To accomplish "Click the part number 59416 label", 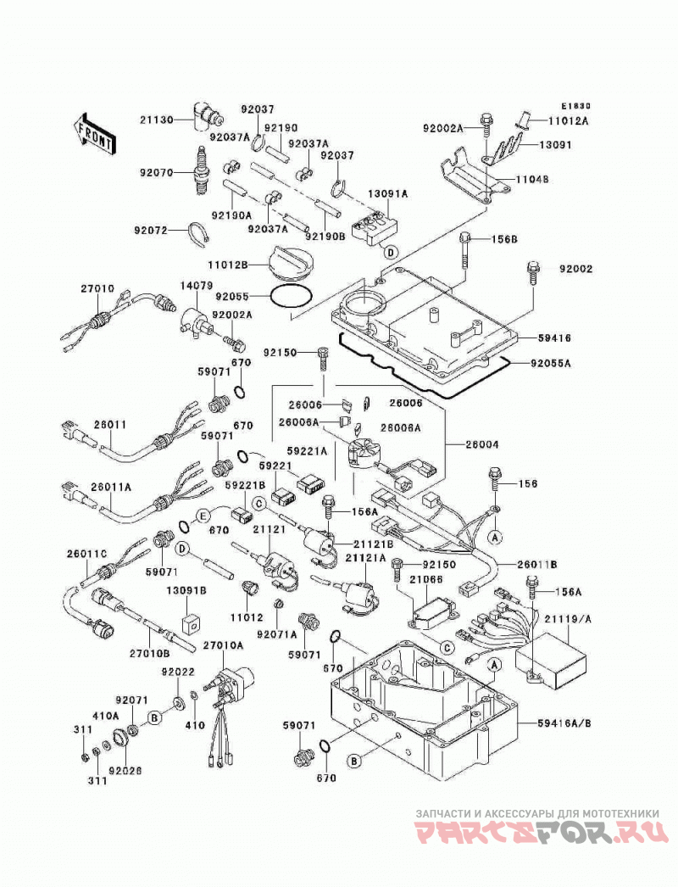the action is tap(554, 338).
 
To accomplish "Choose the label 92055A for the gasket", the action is tap(550, 363).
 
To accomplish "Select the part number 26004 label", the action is tap(482, 445).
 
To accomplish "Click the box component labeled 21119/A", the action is tap(551, 660).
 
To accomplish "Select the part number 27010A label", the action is tap(224, 644).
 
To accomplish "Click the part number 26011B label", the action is tap(537, 564).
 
